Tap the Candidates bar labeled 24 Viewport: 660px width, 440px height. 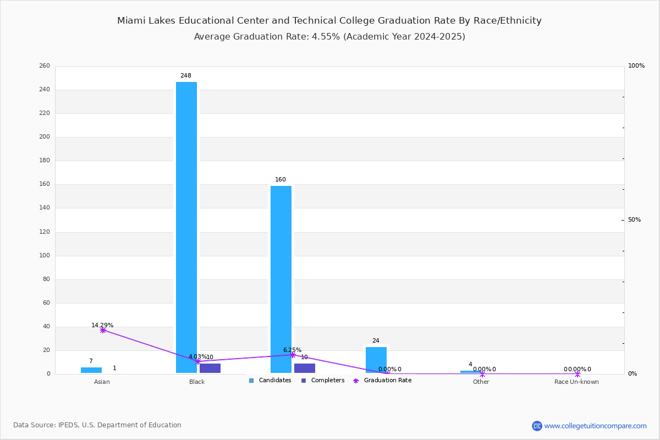pos(376,360)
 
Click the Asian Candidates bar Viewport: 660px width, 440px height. pos(91,370)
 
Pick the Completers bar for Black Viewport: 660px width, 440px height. pos(210,368)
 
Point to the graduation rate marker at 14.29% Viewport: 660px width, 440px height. pos(103,330)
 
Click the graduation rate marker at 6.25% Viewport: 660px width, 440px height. pos(293,355)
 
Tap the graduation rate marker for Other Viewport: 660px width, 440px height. pos(482,374)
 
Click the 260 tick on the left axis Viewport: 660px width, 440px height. pos(45,66)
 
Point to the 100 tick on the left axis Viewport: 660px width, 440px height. pos(45,256)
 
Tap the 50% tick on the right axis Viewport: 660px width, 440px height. pos(634,220)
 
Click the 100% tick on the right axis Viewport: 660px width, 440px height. pos(636,66)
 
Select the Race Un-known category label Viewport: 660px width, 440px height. pos(576,382)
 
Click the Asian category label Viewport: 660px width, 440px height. pos(102,382)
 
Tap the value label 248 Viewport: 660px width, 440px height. pos(186,76)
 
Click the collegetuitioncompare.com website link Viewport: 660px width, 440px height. pos(595,426)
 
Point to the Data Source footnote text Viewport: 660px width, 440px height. pos(97,425)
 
